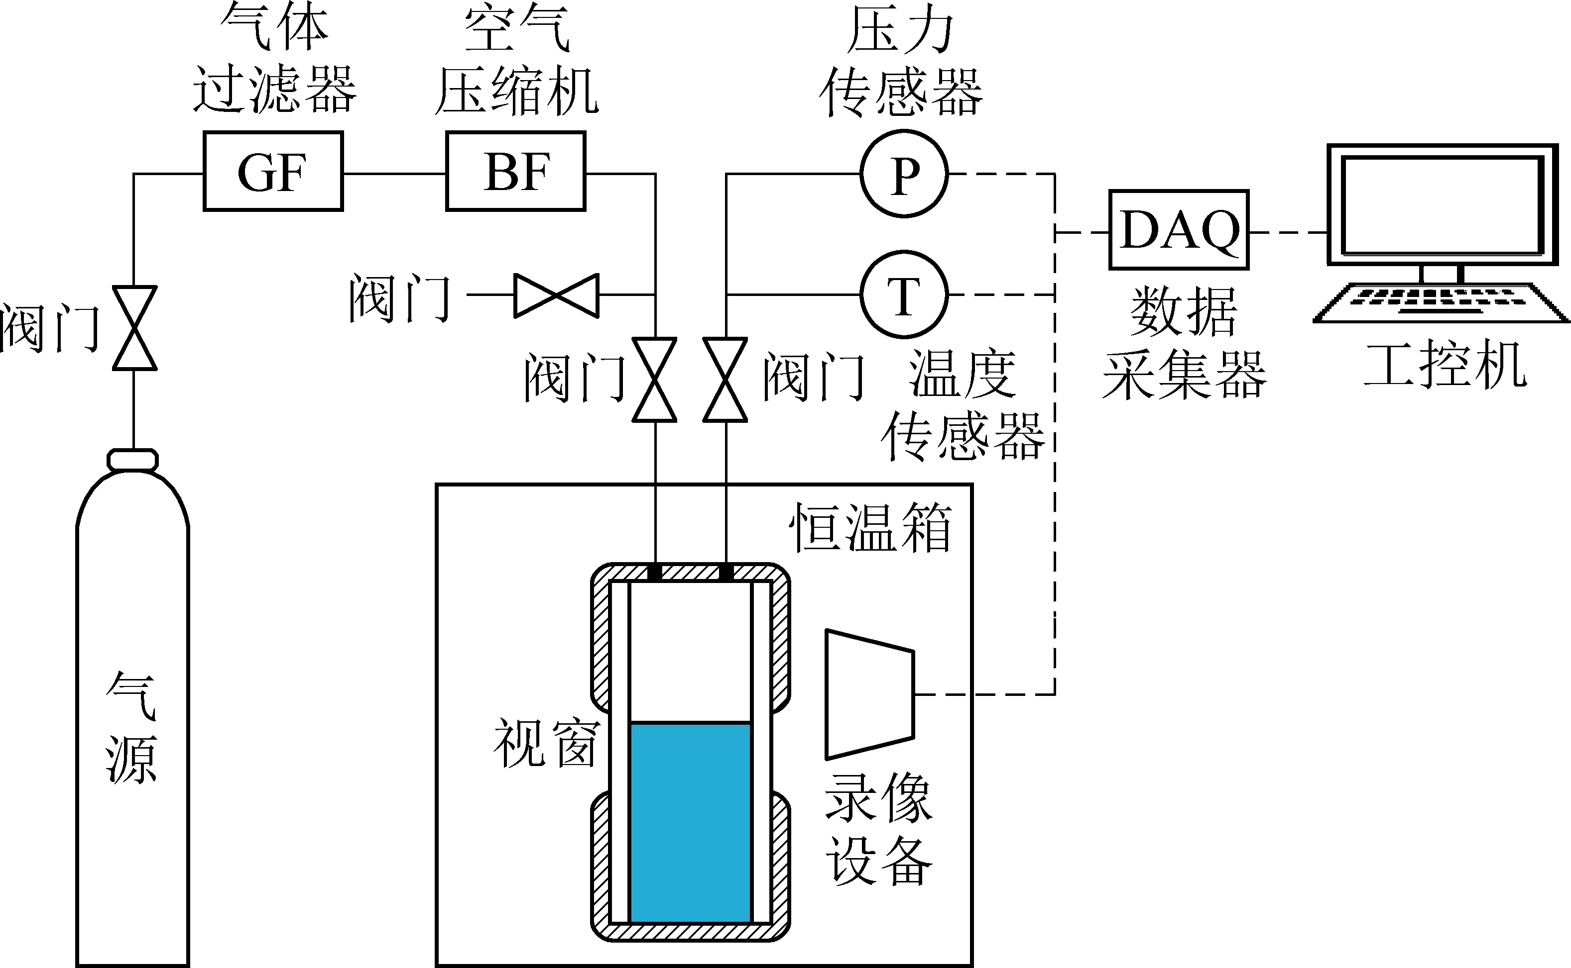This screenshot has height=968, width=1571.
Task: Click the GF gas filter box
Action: [273, 171]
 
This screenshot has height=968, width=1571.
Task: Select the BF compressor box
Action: [515, 171]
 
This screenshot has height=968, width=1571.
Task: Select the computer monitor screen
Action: [1441, 205]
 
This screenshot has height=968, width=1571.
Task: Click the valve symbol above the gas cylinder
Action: [134, 328]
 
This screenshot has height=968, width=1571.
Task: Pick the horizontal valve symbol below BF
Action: [556, 295]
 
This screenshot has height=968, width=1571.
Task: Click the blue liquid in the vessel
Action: [690, 823]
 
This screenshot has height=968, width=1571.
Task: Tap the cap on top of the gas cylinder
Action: [132, 460]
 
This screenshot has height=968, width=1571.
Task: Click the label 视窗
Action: [545, 743]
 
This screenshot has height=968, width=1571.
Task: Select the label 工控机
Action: [1445, 365]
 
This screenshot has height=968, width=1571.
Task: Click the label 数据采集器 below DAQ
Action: [1184, 344]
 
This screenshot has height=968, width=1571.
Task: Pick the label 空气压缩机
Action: [516, 61]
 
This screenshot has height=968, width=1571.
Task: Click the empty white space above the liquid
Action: [690, 650]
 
